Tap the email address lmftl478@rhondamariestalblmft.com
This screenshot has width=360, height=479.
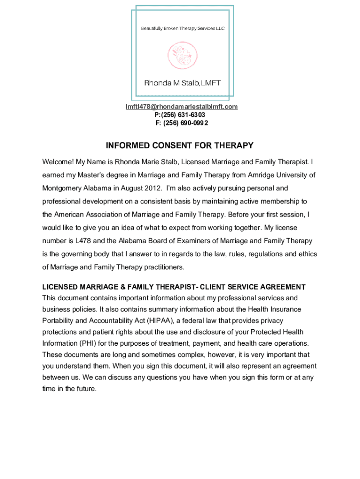[x=181, y=107]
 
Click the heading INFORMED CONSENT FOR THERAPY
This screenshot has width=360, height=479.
[x=180, y=145]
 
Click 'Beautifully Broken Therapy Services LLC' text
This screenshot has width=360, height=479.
[x=183, y=29]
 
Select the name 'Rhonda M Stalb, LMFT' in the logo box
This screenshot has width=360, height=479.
[x=182, y=83]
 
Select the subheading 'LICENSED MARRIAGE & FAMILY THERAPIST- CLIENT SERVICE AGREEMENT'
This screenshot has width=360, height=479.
[x=174, y=287]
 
